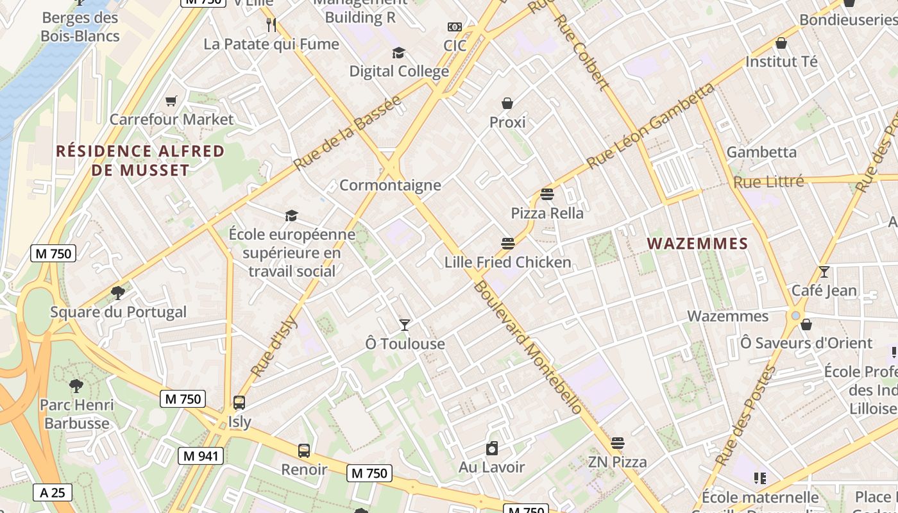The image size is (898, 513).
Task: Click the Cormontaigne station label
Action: [x=390, y=185]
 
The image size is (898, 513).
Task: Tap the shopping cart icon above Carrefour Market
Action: [x=171, y=101]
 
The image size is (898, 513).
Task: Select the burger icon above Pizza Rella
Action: [x=547, y=194]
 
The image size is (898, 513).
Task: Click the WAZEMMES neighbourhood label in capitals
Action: [x=697, y=244]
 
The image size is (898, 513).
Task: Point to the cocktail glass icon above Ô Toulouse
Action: [x=405, y=325]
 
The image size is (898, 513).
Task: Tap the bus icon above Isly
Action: [x=239, y=403]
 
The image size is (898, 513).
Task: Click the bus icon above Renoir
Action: [x=304, y=451]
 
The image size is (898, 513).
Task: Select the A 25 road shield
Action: [x=53, y=492]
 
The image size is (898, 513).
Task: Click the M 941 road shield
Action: [x=201, y=456]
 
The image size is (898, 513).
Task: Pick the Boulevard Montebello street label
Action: [x=527, y=347]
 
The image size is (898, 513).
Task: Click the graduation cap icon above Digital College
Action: [x=398, y=53]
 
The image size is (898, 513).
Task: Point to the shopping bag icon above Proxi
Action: [x=507, y=103]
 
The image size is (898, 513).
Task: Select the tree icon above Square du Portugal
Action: [x=117, y=294]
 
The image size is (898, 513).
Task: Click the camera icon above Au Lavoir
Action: [x=491, y=448]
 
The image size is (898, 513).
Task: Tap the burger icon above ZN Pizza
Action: [x=618, y=443]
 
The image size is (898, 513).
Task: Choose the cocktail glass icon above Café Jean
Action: [x=824, y=272]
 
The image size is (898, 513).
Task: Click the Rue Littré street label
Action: [x=768, y=182]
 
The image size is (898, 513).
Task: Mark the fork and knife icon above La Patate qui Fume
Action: [x=271, y=25]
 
